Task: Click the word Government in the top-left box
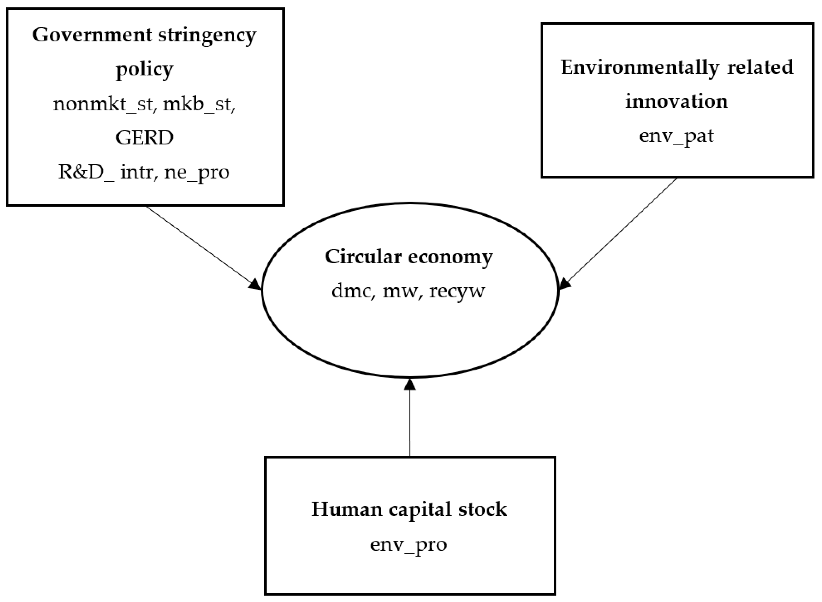92,36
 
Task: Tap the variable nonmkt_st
102,104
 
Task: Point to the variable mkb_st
199,104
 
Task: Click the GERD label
144,138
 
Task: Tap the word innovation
676,101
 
